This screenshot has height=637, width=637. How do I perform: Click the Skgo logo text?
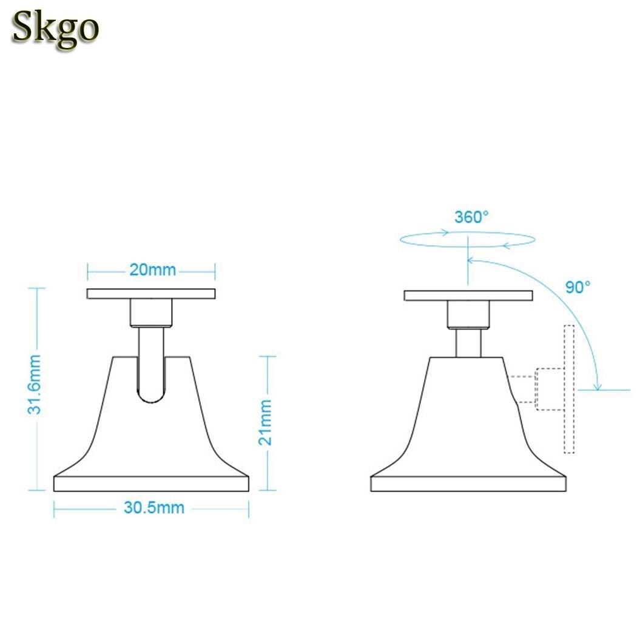coord(55,28)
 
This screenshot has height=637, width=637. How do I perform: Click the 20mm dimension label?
coord(152,269)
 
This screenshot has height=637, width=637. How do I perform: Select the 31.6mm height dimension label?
coord(36,385)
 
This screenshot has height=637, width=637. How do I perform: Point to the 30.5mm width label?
coord(153,508)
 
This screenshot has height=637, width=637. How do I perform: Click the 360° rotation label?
coord(471,217)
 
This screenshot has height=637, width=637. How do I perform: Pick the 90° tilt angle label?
coord(578,288)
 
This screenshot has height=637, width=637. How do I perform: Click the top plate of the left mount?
coord(151,294)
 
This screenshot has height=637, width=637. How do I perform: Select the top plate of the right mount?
coord(468,296)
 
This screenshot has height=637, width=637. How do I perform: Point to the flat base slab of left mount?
coord(151,484)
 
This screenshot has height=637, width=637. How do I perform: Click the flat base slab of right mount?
coord(468,484)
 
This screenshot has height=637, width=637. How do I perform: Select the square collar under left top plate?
coord(151,314)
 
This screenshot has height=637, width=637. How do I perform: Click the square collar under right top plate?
coord(468,315)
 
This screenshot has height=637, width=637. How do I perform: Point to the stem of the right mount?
coord(468,343)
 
